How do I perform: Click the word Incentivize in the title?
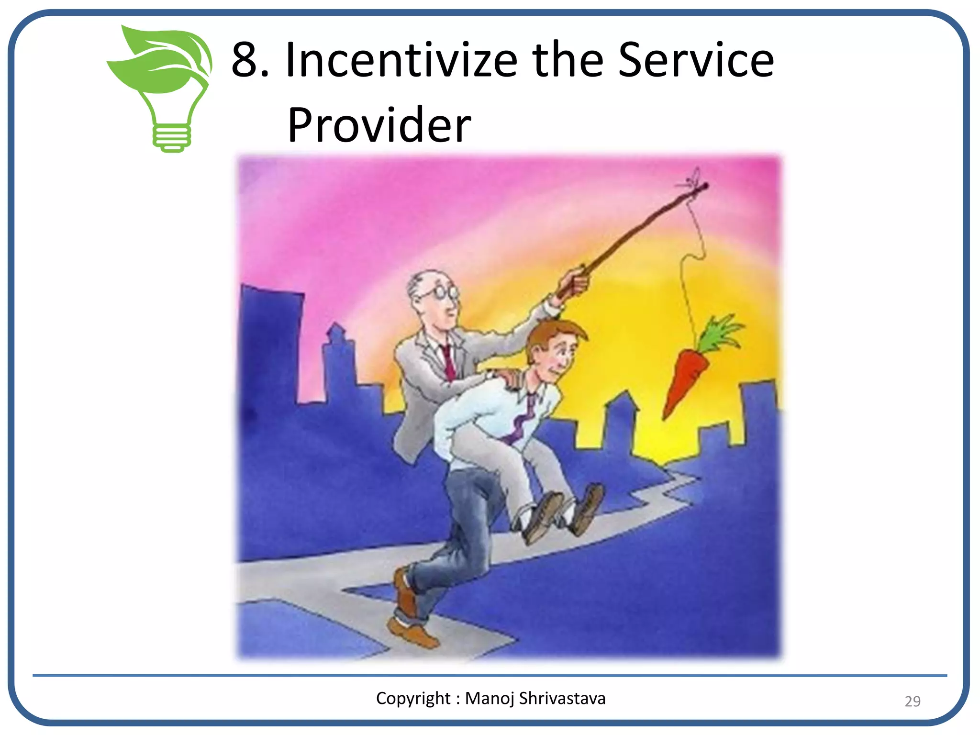[401, 60]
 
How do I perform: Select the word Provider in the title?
[379, 125]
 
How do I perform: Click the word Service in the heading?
[696, 60]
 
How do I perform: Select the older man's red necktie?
[448, 361]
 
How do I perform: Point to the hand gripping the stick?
[574, 282]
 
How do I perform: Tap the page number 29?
[912, 701]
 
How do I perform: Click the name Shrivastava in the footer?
[562, 699]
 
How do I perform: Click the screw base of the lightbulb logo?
[171, 138]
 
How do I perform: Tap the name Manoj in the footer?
[490, 699]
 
